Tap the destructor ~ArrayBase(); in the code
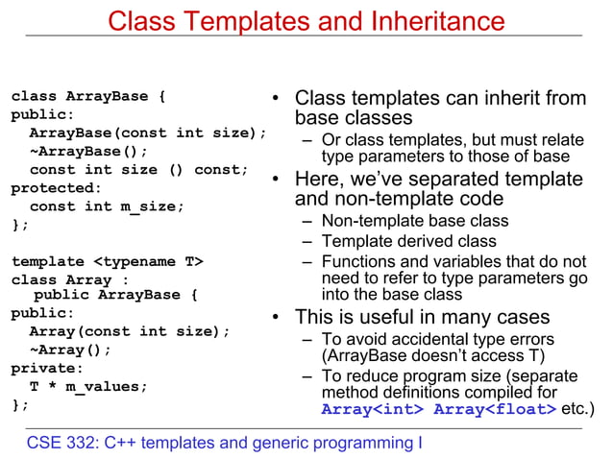89,152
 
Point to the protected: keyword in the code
56,188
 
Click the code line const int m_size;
107,206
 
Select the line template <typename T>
107,261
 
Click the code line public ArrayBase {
115,295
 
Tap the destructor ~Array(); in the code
70,350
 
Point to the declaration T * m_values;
89,386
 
